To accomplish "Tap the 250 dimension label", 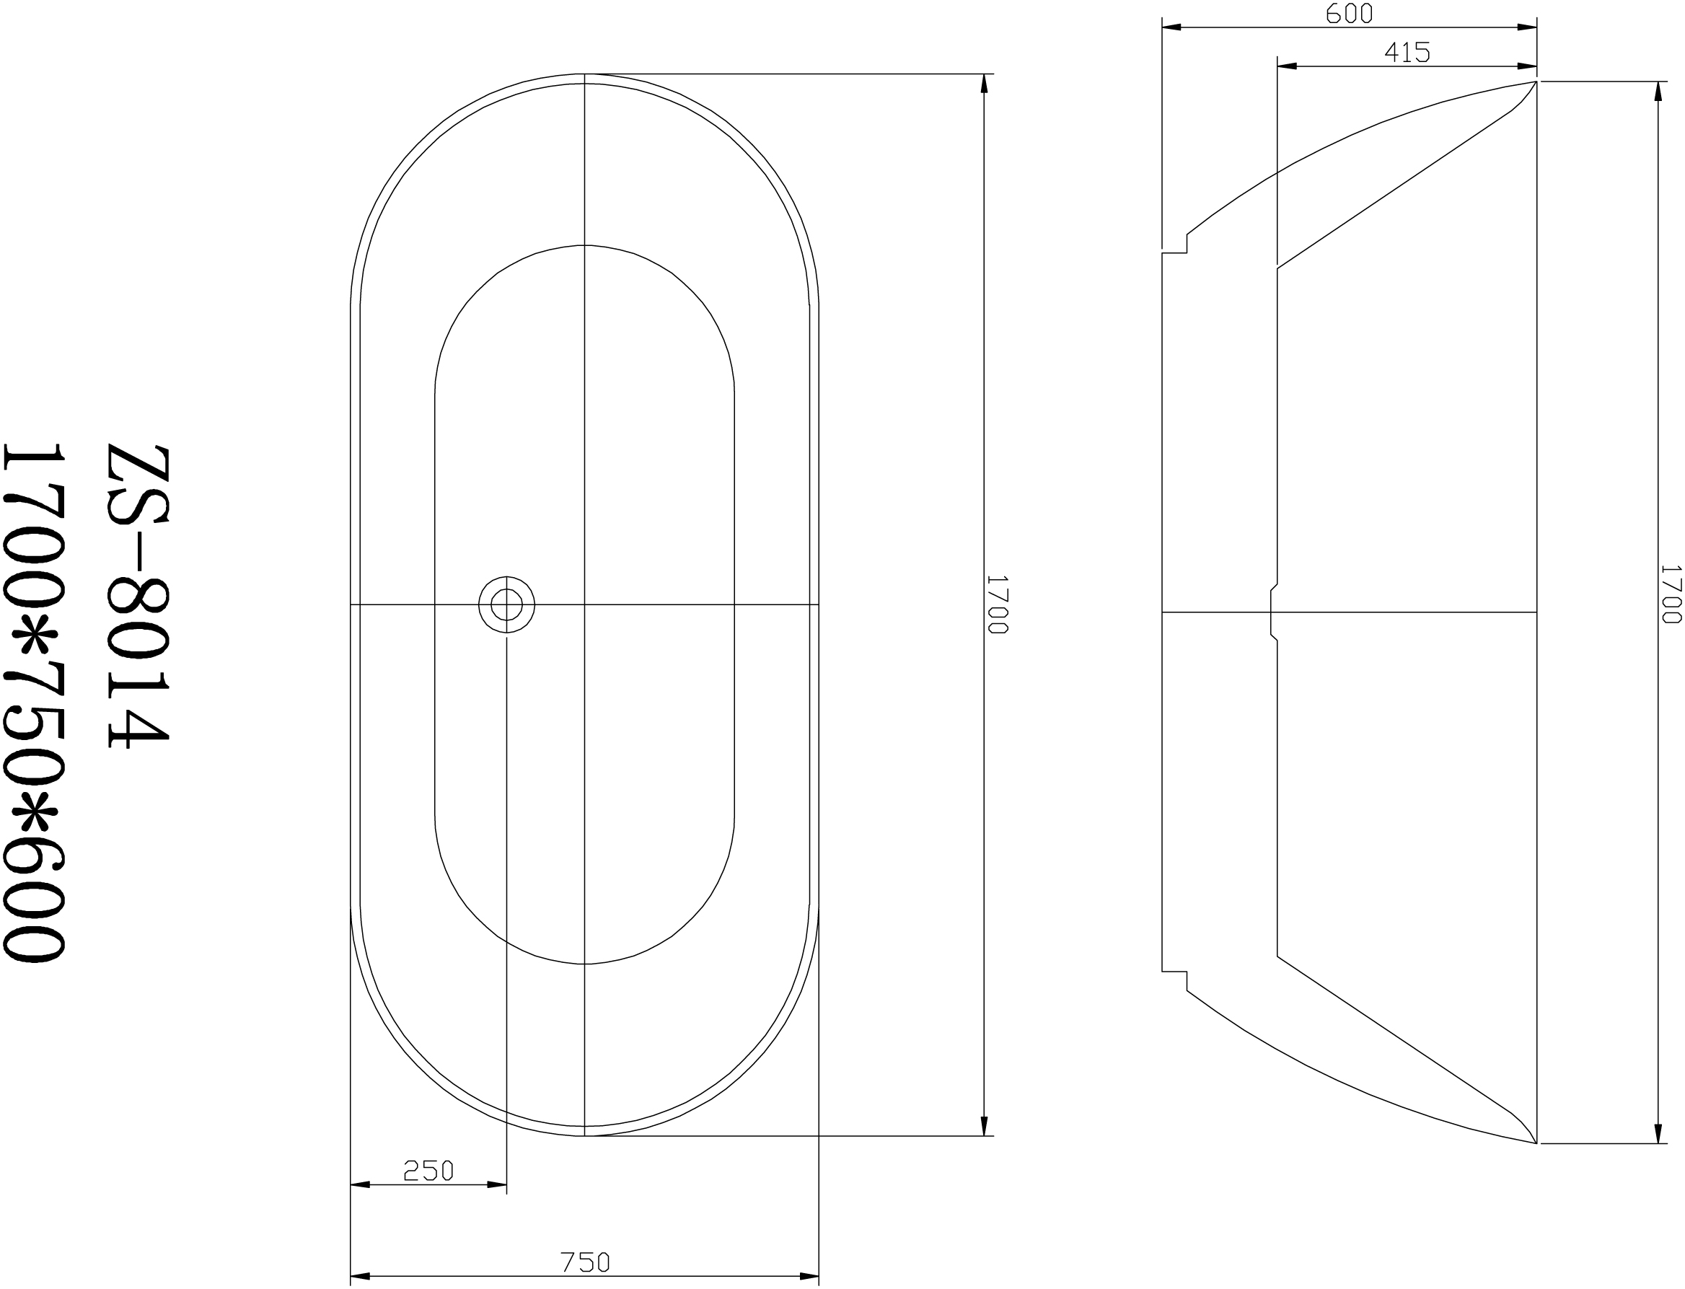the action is pos(429,1170).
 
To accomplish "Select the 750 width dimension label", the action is pos(585,1262).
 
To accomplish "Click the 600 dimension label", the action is pos(1349,14).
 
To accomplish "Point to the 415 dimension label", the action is pos(1407,52).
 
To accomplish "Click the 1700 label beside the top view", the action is pos(997,604).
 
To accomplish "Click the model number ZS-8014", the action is pos(137,595).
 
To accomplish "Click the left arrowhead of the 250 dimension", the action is pos(360,1184).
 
